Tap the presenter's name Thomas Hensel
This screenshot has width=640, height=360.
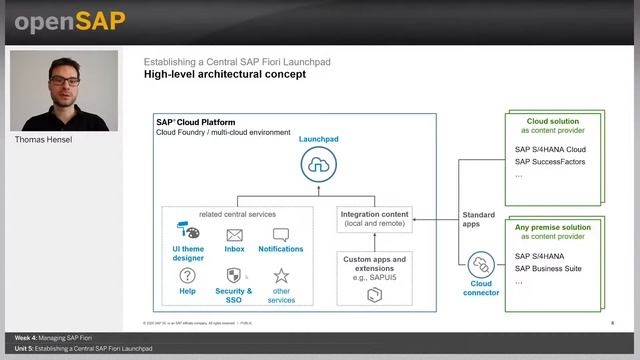click(43, 140)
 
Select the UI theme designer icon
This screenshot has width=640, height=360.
click(188, 232)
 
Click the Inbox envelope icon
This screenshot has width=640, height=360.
click(234, 235)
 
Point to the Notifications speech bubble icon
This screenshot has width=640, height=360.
click(281, 235)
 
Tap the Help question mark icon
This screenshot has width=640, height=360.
click(187, 276)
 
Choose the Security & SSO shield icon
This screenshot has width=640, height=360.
click(234, 276)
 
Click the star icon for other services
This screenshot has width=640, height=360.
click(281, 276)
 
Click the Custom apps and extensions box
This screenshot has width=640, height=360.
click(375, 275)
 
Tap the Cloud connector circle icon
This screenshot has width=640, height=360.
click(481, 265)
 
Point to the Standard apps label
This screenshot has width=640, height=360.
click(479, 221)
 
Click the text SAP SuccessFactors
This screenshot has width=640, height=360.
click(549, 161)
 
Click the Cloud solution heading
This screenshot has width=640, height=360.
click(552, 121)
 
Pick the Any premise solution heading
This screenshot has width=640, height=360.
click(552, 228)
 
